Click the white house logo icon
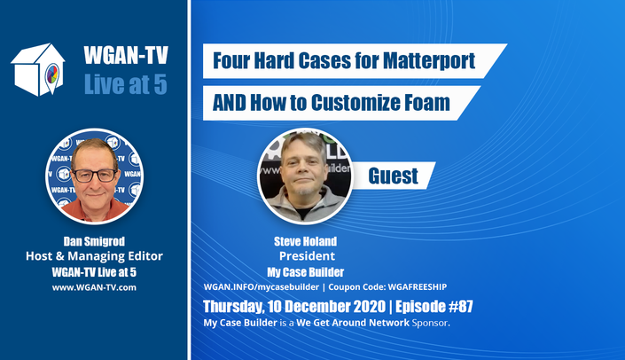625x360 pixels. [x=38, y=70]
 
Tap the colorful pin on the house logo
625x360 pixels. [x=52, y=76]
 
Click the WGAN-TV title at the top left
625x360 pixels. [x=126, y=55]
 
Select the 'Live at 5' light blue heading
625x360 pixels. [x=126, y=84]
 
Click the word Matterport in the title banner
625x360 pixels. [x=429, y=60]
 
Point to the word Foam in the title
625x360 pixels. [x=427, y=103]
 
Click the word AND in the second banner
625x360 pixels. [x=230, y=103]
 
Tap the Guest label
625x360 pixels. [x=393, y=176]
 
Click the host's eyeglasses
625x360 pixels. [x=95, y=176]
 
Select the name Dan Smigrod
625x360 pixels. [x=94, y=241]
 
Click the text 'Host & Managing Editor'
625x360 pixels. [x=94, y=256]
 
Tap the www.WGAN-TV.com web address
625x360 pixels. [x=94, y=287]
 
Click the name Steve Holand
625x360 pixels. [x=305, y=241]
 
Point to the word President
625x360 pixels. [x=307, y=256]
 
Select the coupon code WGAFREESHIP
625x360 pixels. [x=417, y=287]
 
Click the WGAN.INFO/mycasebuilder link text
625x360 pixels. [x=261, y=287]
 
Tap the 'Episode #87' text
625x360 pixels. [x=434, y=307]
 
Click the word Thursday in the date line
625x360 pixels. [x=233, y=307]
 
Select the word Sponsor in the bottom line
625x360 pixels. [x=431, y=323]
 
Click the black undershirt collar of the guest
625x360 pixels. [x=305, y=214]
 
